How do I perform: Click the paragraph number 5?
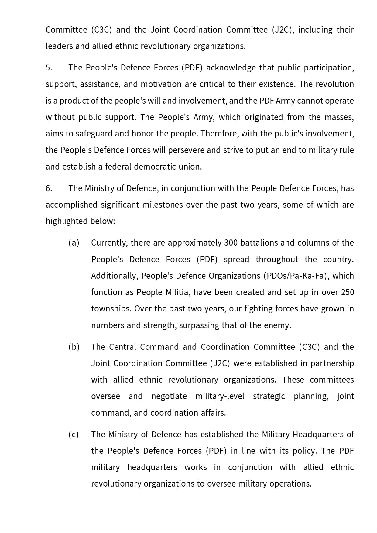pyautogui.click(x=49, y=68)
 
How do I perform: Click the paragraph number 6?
pyautogui.click(x=49, y=188)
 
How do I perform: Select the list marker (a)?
pyautogui.click(x=74, y=243)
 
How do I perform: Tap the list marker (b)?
pyautogui.click(x=74, y=347)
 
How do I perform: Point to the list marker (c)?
pyautogui.click(x=74, y=435)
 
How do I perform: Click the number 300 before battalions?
pyautogui.click(x=231, y=243)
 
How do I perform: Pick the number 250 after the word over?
pyautogui.click(x=347, y=292)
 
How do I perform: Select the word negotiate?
pyautogui.click(x=169, y=396)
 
